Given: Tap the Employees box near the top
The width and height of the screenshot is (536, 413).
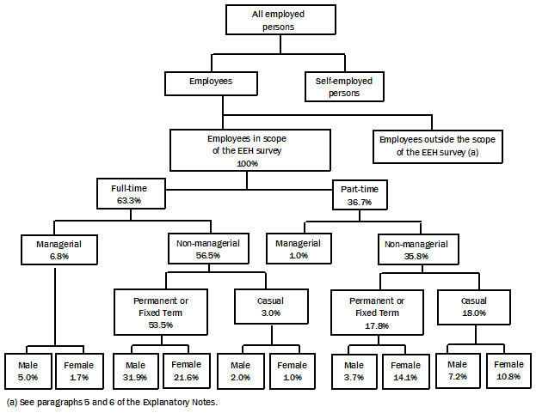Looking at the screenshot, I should coord(211,82).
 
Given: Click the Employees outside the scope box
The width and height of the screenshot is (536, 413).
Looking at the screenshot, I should coord(438,145).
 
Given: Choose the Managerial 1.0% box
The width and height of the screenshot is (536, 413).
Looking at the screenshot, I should coord(298,249).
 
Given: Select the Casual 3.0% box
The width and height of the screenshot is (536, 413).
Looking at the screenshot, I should coord(270,307).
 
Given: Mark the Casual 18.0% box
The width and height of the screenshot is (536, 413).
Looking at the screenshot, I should coord(475,307).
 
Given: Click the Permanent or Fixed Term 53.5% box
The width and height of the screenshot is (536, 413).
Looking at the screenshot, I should coord(161,312).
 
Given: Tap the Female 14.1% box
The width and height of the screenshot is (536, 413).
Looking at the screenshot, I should coord(405,371).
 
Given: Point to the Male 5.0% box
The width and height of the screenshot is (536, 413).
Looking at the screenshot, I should coord(28,371).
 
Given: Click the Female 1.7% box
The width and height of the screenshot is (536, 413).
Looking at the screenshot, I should coord(80,371).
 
